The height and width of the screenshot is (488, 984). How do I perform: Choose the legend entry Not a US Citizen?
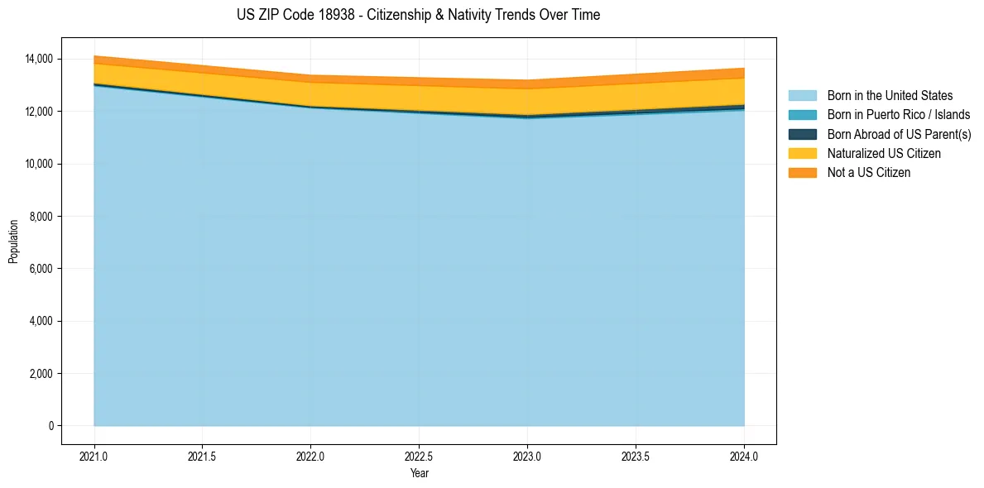[868, 172]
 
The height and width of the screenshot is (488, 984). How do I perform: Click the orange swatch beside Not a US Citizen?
[802, 172]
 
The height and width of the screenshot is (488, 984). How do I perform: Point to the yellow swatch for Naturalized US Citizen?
[802, 153]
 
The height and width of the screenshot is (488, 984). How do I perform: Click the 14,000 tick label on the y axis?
[39, 59]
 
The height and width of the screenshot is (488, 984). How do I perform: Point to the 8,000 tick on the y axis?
[41, 216]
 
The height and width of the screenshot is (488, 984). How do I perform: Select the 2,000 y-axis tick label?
[41, 374]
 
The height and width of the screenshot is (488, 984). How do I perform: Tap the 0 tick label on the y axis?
[50, 426]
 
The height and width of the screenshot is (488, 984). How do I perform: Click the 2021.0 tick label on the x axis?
[94, 456]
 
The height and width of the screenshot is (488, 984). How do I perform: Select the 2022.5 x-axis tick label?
[419, 456]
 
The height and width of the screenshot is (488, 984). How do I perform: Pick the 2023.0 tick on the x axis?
[527, 456]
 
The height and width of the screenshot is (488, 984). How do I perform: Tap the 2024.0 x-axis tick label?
[744, 456]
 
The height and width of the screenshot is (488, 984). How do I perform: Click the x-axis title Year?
[419, 473]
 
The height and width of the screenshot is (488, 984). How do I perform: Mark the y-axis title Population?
[13, 242]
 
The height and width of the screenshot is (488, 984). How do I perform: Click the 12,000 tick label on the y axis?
[39, 111]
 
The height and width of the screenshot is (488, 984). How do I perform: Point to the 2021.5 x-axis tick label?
[203, 456]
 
